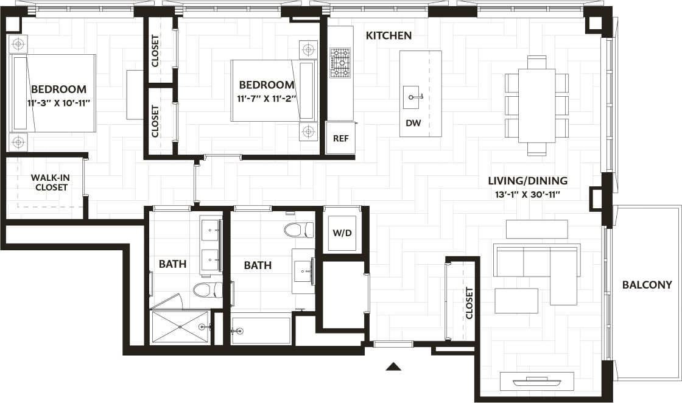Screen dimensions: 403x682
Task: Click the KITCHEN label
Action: pos(388,36)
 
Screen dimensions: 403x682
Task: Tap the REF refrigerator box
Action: pos(340,138)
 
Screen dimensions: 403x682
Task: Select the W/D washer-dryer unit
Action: pos(341,233)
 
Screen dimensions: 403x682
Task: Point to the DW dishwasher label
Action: pos(413,124)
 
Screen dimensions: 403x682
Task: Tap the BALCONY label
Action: pos(647,285)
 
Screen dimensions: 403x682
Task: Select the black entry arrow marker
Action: pos(394,366)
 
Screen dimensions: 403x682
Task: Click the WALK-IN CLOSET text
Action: pos(51,183)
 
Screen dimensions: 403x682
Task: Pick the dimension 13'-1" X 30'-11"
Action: pos(527,195)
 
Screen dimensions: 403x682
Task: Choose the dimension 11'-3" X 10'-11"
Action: pos(58,103)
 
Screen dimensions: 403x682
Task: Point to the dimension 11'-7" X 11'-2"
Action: pos(267,98)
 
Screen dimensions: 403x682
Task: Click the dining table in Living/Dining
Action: pos(536,106)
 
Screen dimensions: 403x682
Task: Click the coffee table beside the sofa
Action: pos(516,301)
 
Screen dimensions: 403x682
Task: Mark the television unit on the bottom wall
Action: pos(536,381)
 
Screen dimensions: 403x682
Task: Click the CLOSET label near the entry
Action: pos(469,303)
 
